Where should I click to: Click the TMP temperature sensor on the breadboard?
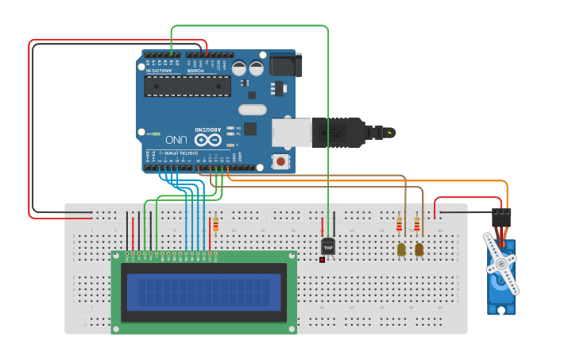coord(327,246)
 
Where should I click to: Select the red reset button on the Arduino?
coord(280,161)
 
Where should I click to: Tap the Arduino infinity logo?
coord(208,140)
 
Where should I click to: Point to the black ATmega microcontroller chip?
coord(187,85)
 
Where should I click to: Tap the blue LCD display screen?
coord(204,292)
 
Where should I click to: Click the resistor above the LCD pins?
coord(215,225)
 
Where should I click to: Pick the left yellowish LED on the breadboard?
coord(400,250)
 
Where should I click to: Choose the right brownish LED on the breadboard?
coord(419,250)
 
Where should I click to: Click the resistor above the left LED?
coord(399,226)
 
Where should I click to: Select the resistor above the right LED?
coord(417,226)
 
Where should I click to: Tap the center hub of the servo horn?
coord(501,265)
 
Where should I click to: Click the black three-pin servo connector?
coord(501,217)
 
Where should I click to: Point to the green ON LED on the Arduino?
coord(156,134)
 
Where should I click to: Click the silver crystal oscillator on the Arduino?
coord(251,110)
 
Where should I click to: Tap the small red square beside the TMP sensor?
coord(322,259)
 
